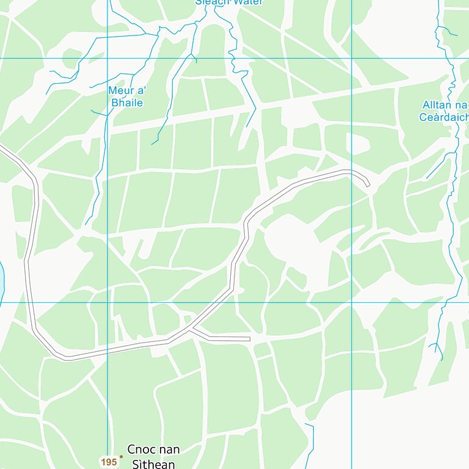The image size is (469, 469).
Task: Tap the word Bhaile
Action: pos(127,103)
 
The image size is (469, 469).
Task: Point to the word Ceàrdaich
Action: pos(445,117)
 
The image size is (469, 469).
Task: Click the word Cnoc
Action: pos(140,450)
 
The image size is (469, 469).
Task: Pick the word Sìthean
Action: pos(153,464)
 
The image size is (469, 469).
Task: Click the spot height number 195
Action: pos(109,462)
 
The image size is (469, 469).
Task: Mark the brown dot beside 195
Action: pos(121,456)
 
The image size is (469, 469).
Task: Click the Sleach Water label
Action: pos(228,2)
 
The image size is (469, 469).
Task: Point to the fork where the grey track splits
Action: pos(192,330)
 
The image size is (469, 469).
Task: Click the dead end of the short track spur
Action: pos(250,338)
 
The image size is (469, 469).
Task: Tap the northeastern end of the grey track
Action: pos(368,184)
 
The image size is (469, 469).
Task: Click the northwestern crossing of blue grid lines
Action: pos(107,59)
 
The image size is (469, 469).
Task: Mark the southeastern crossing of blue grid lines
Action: pos(352,302)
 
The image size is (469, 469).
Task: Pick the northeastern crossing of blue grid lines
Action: pos(352,59)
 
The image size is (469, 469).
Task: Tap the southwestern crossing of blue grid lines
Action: pos(107,302)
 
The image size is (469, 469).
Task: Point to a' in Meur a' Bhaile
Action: pos(141,91)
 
